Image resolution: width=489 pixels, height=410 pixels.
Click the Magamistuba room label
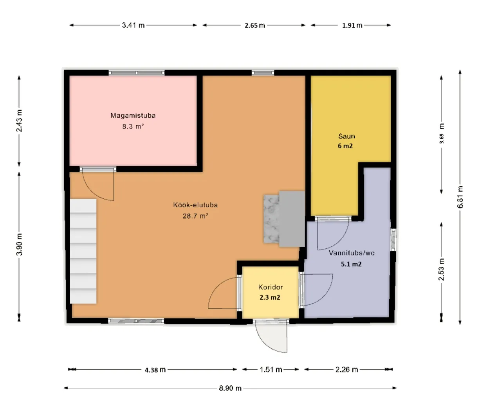pos(133,115)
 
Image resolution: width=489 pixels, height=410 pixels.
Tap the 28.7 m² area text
pos(195,216)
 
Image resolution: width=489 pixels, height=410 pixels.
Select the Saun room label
pos(346,136)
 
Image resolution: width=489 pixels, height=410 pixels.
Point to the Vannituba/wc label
pos(352,253)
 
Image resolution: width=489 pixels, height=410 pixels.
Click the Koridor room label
pos(271,287)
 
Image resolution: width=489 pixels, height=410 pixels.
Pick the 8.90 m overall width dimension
pos(230,388)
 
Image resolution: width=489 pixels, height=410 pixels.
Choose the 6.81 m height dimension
pos(460,197)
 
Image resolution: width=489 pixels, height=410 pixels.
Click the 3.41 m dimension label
pos(133,25)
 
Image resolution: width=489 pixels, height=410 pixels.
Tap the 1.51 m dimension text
pos(271,370)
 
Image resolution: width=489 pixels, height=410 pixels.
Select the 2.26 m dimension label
pos(346,370)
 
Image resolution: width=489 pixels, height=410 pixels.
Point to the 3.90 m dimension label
pos(20,244)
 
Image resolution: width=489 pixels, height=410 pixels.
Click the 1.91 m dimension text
pos(352,25)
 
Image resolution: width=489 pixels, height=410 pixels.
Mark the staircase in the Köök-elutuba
pos(83,251)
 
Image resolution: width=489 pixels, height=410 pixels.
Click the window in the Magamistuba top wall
pos(137,73)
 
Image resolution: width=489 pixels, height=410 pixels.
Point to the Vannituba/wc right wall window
pos(393,240)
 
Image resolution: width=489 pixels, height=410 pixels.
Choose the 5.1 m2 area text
pos(351,264)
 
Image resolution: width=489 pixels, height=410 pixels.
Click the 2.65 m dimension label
pos(255,25)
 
